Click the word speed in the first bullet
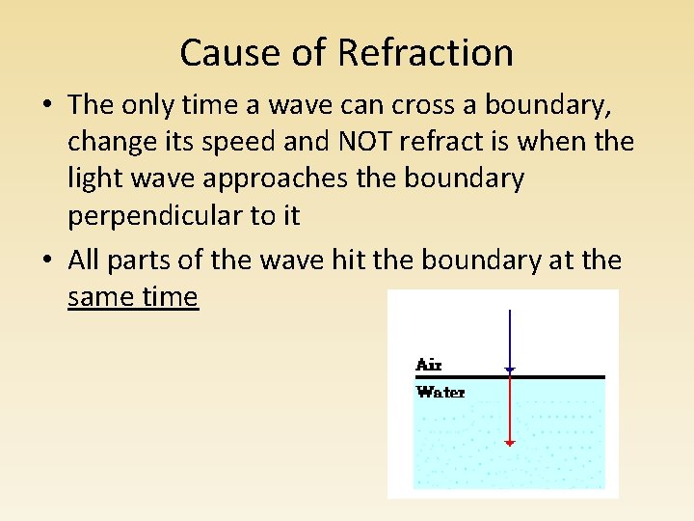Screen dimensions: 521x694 pyautogui.click(x=281, y=142)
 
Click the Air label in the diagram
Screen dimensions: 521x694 pyautogui.click(x=428, y=365)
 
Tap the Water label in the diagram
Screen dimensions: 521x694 pyautogui.click(x=440, y=393)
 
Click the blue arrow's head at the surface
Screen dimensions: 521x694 pyautogui.click(x=510, y=370)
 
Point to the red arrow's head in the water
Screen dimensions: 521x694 pyautogui.click(x=510, y=443)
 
